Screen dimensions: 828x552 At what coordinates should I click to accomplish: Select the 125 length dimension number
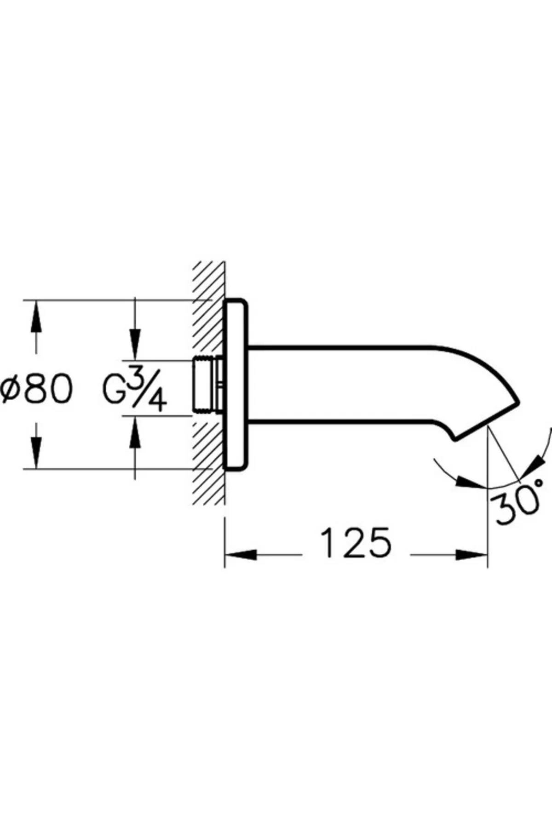(356, 542)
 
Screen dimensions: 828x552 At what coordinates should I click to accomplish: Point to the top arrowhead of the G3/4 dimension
(135, 345)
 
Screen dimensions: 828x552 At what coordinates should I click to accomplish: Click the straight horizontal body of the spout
(340, 384)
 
